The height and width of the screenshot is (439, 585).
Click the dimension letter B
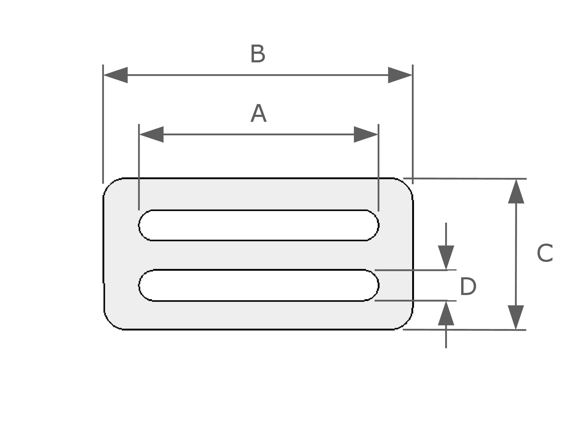(258, 54)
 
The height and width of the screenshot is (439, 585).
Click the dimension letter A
(259, 114)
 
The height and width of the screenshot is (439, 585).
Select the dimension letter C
(545, 253)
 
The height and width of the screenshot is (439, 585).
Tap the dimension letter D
(468, 287)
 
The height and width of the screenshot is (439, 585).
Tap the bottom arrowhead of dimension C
(516, 317)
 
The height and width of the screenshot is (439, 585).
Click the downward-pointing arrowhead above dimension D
(446, 257)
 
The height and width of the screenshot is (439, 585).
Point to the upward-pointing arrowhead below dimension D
(446, 314)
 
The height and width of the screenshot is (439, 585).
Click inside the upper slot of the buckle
(259, 225)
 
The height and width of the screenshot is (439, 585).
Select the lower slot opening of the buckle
(259, 285)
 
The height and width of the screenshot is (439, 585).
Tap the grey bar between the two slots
(259, 255)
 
